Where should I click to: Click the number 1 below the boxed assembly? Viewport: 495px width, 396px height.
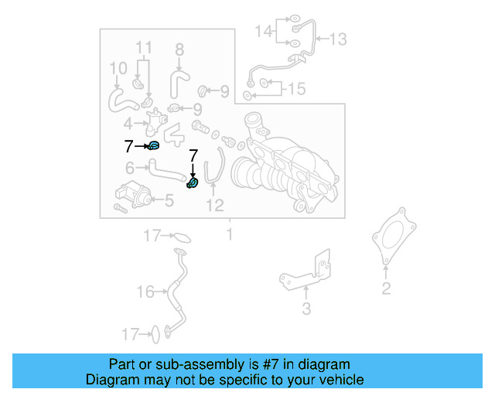(x=229, y=233)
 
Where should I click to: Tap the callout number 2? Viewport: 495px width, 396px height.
(x=386, y=290)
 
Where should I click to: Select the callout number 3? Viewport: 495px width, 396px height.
(x=306, y=309)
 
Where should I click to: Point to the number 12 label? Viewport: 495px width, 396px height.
(x=214, y=205)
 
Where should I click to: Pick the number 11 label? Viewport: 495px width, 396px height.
(x=145, y=48)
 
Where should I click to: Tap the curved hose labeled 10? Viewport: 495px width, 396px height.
(x=119, y=97)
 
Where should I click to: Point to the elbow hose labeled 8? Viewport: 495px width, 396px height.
(x=177, y=79)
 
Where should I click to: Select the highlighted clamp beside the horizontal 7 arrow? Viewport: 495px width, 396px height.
(x=154, y=145)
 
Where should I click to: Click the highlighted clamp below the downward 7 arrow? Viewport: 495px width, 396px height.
(x=193, y=183)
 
